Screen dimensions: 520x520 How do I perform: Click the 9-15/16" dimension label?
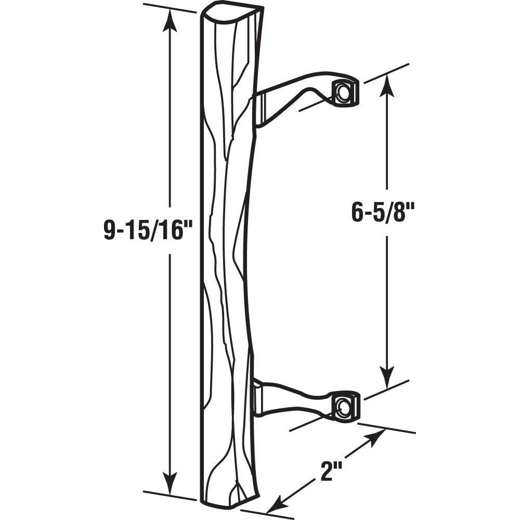pyautogui.click(x=144, y=230)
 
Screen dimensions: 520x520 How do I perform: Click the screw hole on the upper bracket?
pyautogui.click(x=344, y=93)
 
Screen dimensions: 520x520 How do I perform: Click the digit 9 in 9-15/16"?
pyautogui.click(x=110, y=230)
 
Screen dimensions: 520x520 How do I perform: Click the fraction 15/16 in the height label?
pyautogui.click(x=151, y=230)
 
